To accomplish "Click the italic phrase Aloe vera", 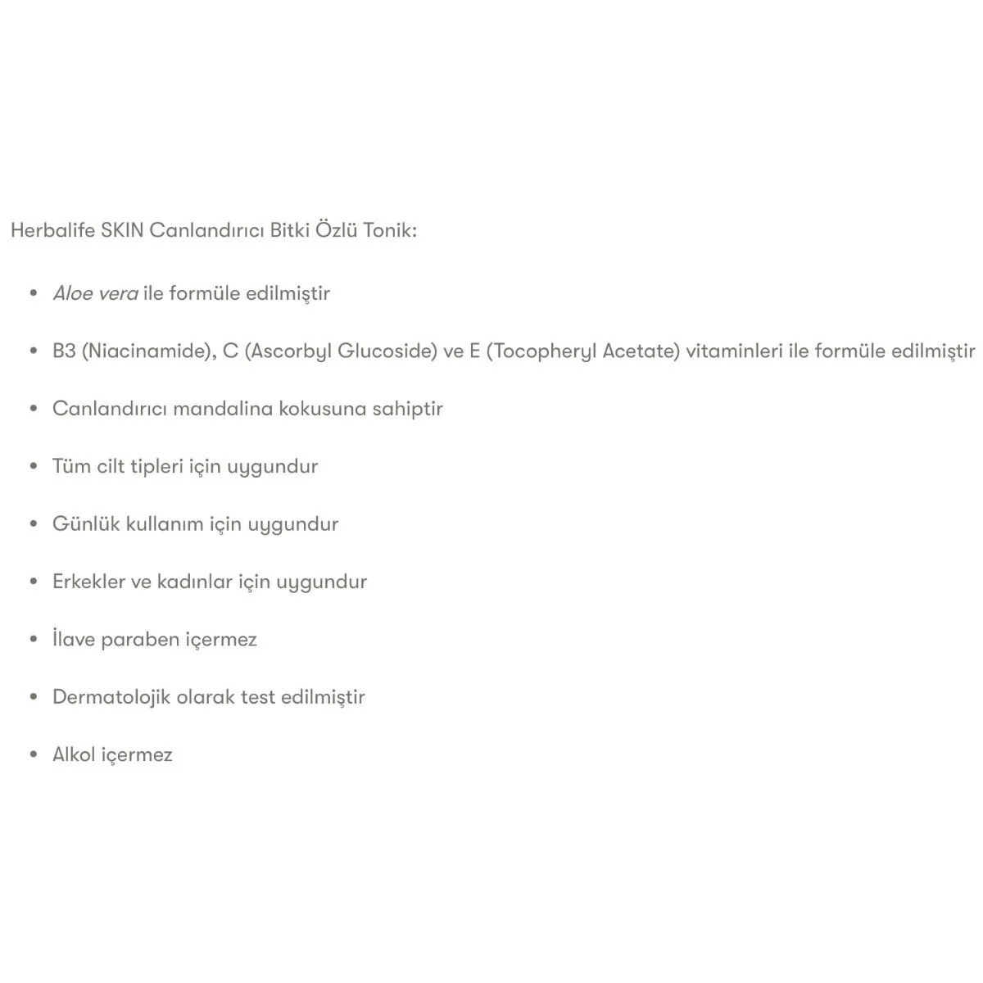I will tap(95, 293).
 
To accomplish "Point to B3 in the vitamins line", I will tap(64, 351).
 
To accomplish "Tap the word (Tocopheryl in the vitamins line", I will tap(541, 351).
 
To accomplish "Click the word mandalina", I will tap(223, 408).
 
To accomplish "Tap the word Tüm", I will tap(66, 466).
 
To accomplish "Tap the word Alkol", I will tap(74, 754).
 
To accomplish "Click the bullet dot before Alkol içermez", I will tap(34, 754).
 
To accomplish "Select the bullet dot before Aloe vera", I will tap(34, 293).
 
